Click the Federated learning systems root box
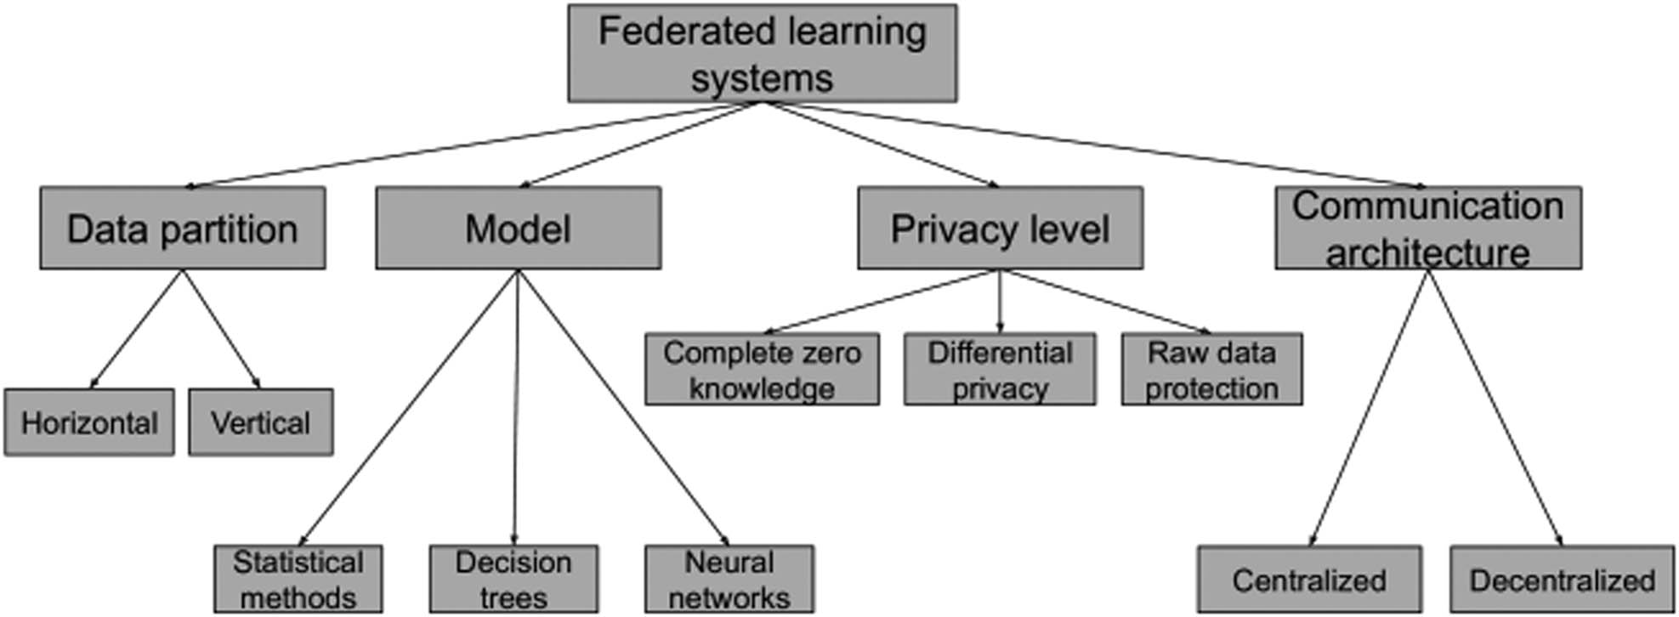tap(762, 53)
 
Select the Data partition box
tap(182, 228)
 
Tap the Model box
tap(518, 228)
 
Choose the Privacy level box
tap(1000, 228)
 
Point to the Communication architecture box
tap(1427, 228)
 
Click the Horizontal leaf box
tap(89, 422)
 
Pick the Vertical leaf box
tap(260, 422)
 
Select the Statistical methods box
tap(298, 579)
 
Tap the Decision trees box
tap(513, 579)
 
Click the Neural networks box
tap(729, 579)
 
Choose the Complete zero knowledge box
tap(762, 369)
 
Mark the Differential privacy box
tap(1000, 369)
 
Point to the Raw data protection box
tap(1211, 369)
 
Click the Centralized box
tap(1309, 580)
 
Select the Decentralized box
tap(1562, 580)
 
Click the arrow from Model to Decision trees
tap(516, 408)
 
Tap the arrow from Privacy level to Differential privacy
tap(1000, 302)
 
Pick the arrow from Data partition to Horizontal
tap(136, 329)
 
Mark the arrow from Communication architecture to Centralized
tap(1369, 408)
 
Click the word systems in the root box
tap(762, 78)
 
